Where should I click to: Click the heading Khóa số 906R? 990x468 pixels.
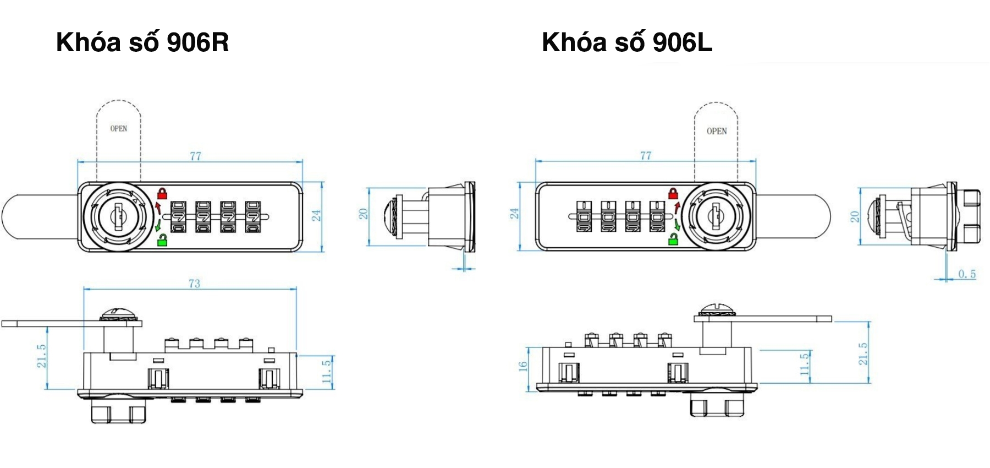[142, 42]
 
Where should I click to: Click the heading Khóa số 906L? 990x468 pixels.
[627, 42]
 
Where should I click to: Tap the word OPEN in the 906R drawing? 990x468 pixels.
[119, 128]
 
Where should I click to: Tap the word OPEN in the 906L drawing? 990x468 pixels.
[717, 131]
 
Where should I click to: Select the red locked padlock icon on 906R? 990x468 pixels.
[162, 193]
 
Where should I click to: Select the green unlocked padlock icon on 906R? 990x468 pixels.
[162, 240]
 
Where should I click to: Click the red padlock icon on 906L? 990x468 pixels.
[673, 193]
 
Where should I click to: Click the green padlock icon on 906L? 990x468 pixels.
[673, 239]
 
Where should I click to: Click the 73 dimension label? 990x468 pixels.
[194, 284]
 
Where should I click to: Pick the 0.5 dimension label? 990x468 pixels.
[966, 274]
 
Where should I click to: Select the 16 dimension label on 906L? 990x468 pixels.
[523, 365]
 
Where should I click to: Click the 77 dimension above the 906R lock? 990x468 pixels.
[195, 156]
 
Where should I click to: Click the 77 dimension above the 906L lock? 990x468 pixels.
[646, 155]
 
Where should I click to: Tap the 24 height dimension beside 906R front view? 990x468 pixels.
[317, 215]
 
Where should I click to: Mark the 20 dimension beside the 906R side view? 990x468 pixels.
[364, 214]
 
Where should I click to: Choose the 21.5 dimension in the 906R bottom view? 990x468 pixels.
[42, 356]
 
